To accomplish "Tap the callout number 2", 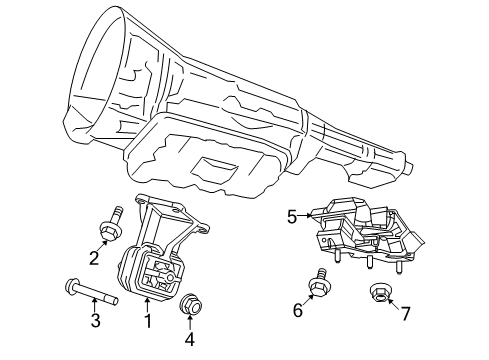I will (x=93, y=259).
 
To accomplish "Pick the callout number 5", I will (x=292, y=215).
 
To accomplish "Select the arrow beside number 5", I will (x=308, y=214).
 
